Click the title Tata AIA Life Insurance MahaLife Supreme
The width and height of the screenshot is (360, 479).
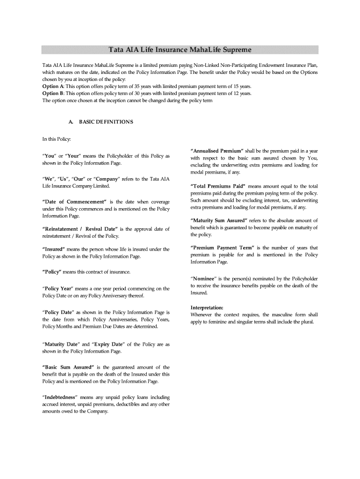pyautogui.click(x=180, y=49)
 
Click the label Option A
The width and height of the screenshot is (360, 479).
pyautogui.click(x=53, y=87)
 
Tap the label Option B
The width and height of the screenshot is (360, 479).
pyautogui.click(x=53, y=93)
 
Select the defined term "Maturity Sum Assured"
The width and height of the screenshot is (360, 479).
pyautogui.click(x=217, y=221)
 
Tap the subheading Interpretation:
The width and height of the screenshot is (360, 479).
pyautogui.click(x=207, y=308)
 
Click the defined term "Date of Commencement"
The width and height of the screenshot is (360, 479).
pyautogui.click(x=71, y=202)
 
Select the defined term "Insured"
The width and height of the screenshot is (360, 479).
pyautogui.click(x=54, y=249)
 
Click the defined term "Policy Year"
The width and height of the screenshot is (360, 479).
pyautogui.click(x=59, y=289)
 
